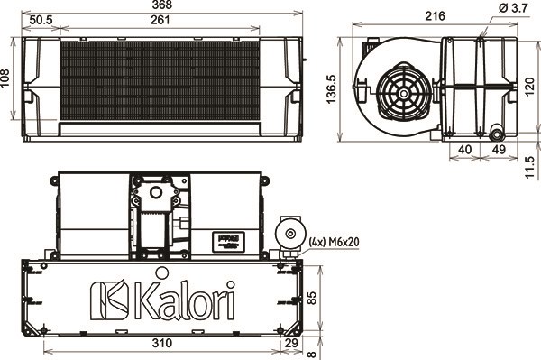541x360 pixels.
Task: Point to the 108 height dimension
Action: click(x=6, y=80)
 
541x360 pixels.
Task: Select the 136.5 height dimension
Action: click(x=331, y=90)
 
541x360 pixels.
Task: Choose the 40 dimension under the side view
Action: click(x=465, y=149)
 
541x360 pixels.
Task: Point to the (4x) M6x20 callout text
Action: click(x=334, y=241)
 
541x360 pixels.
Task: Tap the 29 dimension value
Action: click(x=289, y=344)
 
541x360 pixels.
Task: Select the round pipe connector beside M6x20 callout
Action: click(x=290, y=235)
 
